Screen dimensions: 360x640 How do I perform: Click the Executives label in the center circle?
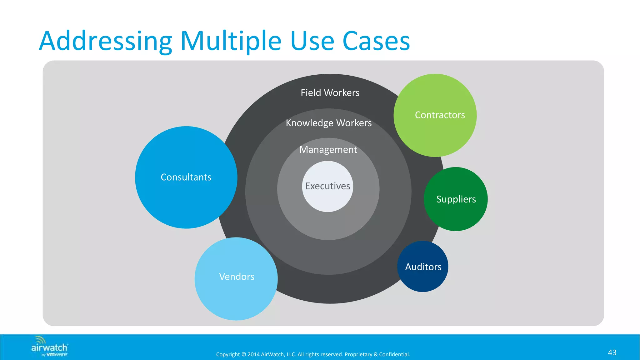pyautogui.click(x=327, y=186)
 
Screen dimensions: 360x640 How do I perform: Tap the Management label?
pyautogui.click(x=328, y=150)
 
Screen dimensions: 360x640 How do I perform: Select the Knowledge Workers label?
pyautogui.click(x=328, y=123)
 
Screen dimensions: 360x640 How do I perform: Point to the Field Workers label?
pyautogui.click(x=330, y=92)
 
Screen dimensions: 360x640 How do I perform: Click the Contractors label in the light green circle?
pyautogui.click(x=440, y=115)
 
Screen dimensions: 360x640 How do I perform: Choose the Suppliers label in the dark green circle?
pyautogui.click(x=456, y=199)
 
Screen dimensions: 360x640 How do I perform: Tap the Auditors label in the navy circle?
pyautogui.click(x=423, y=267)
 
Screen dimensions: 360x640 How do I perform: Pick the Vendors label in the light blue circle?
pyautogui.click(x=237, y=277)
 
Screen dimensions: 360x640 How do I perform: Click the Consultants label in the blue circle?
pyautogui.click(x=186, y=177)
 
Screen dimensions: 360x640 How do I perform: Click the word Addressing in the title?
pyautogui.click(x=106, y=41)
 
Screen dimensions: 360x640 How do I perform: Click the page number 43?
pyautogui.click(x=612, y=352)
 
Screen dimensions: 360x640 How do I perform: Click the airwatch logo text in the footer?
pyautogui.click(x=49, y=348)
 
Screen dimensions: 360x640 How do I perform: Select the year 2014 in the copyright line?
pyautogui.click(x=253, y=354)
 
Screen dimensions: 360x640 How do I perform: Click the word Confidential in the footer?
pyautogui.click(x=394, y=354)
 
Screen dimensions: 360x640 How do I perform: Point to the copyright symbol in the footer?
pyautogui.click(x=244, y=354)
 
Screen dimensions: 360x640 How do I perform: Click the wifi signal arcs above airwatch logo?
pyautogui.click(x=40, y=340)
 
